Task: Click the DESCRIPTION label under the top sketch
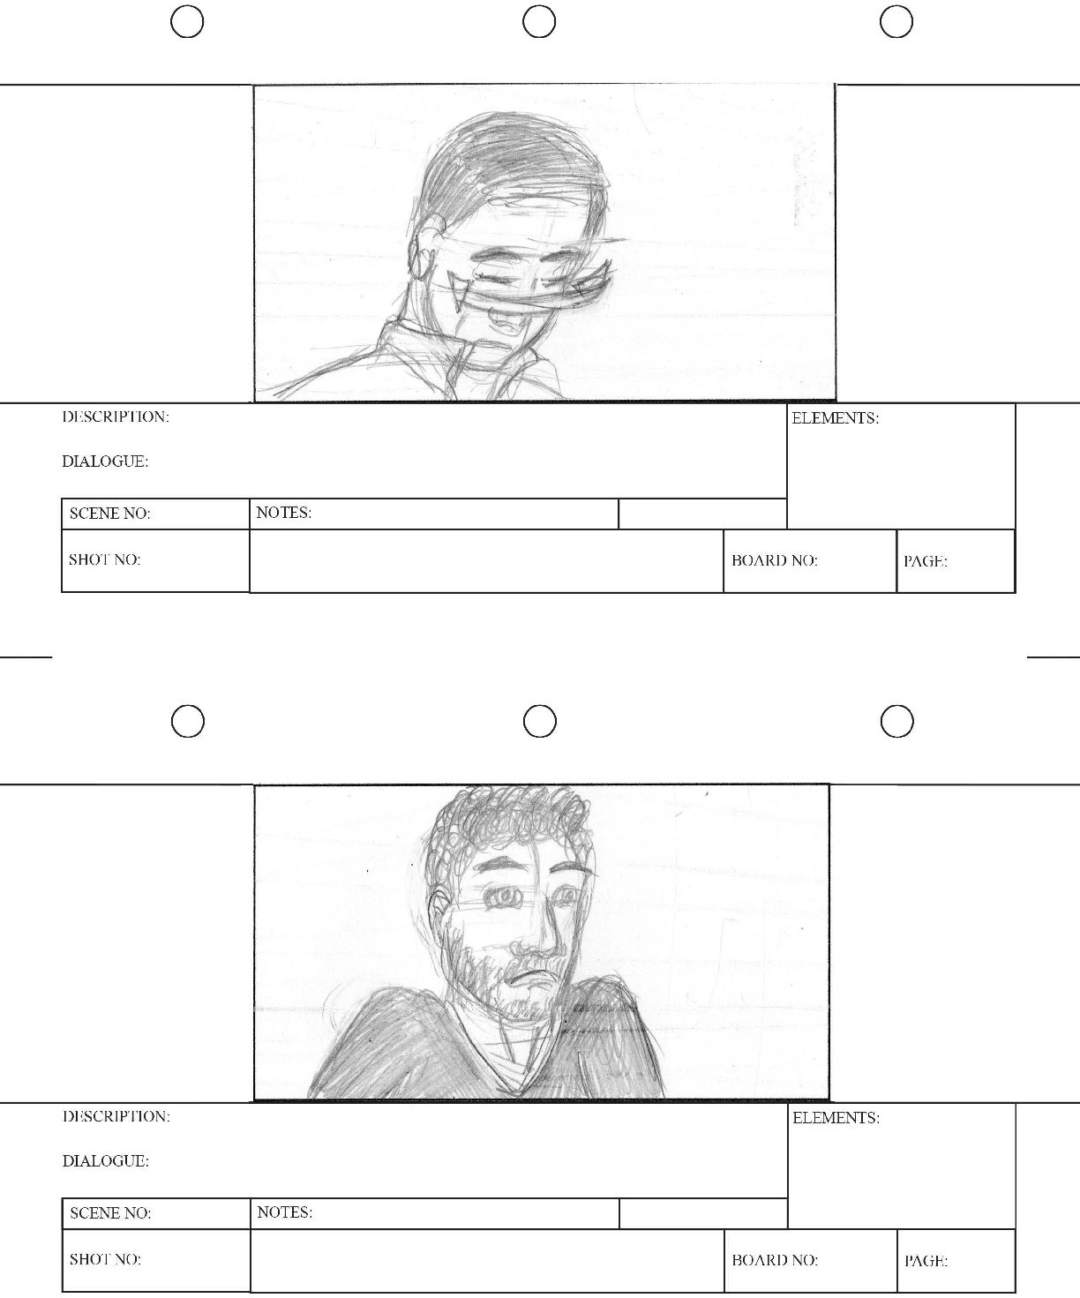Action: click(116, 416)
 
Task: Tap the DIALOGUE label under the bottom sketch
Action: click(106, 1160)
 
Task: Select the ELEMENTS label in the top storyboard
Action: click(835, 418)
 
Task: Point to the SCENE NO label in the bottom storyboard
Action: click(110, 1212)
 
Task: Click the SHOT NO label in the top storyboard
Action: click(104, 559)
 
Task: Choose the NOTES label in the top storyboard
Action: click(283, 513)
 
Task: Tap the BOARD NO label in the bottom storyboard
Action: click(775, 1260)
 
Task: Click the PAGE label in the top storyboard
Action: click(926, 561)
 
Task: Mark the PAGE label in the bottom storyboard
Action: click(926, 1261)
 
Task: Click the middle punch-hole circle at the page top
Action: click(539, 6)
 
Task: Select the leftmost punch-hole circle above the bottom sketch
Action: click(187, 706)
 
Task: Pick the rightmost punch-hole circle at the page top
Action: click(896, 6)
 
